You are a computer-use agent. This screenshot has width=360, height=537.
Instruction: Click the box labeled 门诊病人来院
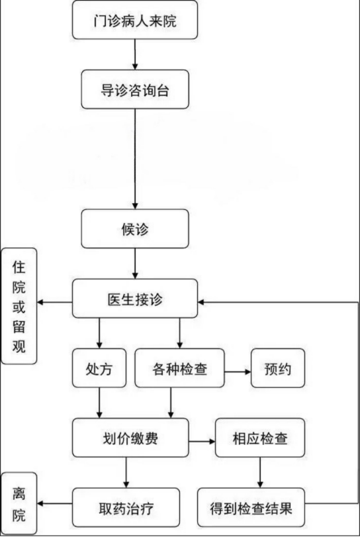tap(135, 19)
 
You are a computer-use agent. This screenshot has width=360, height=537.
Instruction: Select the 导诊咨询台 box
tap(135, 89)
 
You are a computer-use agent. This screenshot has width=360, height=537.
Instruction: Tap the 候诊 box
tap(135, 228)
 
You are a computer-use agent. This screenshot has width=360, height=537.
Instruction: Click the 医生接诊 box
tap(135, 298)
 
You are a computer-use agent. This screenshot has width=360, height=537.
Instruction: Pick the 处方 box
tap(99, 368)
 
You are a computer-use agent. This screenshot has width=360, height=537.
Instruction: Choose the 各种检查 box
tap(179, 368)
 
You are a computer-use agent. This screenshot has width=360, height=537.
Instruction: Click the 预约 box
tap(278, 368)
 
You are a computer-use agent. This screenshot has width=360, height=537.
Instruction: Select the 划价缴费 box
tap(130, 438)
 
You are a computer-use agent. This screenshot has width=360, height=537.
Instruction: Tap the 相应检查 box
tap(260, 438)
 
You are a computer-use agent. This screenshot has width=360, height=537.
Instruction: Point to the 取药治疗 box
tap(126, 508)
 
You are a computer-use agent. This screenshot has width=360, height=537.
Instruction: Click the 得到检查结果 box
tap(251, 508)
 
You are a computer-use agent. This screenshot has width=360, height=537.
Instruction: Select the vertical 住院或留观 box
tap(19, 306)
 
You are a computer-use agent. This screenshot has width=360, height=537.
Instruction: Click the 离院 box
tap(19, 503)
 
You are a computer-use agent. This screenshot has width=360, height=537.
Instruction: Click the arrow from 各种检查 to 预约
tap(238, 371)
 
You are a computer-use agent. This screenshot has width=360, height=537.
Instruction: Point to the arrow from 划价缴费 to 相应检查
tap(202, 441)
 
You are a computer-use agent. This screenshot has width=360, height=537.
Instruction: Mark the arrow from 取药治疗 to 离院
tap(55, 503)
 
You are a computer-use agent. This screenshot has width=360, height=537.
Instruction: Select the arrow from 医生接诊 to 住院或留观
tap(55, 302)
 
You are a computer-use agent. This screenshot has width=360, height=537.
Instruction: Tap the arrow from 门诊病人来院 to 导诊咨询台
tap(135, 54)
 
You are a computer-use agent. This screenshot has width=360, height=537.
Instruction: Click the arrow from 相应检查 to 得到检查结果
tap(260, 473)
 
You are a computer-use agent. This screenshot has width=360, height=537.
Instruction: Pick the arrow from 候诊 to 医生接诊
tap(135, 264)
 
